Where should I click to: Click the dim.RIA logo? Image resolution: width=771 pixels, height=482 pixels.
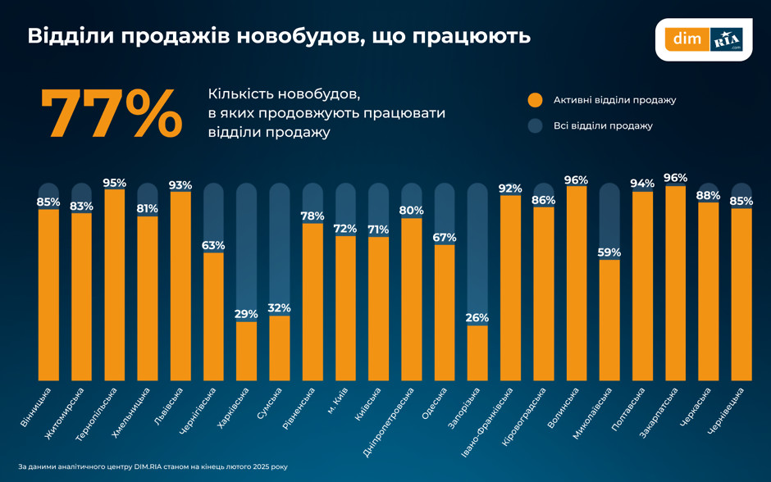703,39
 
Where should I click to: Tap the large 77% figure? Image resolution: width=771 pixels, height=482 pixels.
111,115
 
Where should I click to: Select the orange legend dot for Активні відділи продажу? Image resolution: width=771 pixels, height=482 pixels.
535,100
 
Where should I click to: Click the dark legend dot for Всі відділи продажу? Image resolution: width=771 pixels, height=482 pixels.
535,126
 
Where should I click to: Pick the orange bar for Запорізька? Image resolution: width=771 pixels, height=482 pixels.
477,352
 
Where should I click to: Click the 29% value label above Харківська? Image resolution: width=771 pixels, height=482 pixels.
246,314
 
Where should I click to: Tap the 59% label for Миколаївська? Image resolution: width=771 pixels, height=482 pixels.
609,252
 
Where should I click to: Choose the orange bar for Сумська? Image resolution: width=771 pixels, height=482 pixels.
280,348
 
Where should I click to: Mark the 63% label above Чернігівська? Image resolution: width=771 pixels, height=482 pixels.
213,245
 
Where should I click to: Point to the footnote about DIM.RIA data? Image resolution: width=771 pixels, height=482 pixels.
153,466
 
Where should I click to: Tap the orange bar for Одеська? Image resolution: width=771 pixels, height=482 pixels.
445,312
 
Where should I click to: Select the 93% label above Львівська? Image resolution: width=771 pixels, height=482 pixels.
180,185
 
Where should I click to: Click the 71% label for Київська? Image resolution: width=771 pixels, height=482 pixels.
378,230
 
